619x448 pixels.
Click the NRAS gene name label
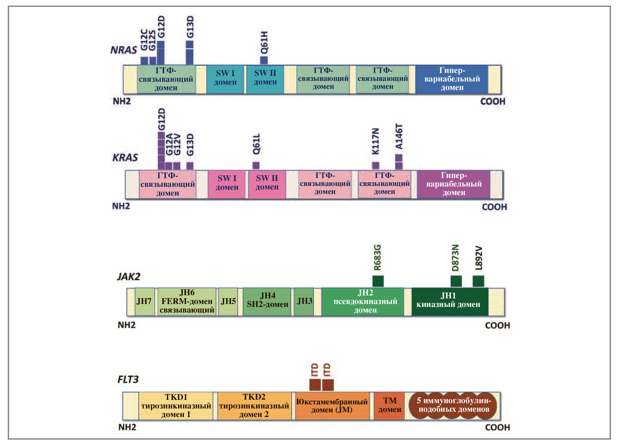(x=124, y=50)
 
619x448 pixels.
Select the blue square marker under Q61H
(x=264, y=60)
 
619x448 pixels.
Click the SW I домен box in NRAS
(x=225, y=79)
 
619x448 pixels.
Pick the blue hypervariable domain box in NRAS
(x=452, y=79)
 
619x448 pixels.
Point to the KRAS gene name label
(x=125, y=158)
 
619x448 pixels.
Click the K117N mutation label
(x=375, y=141)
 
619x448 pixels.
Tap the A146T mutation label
(x=399, y=137)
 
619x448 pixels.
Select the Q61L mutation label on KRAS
(x=256, y=144)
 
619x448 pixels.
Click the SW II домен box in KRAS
(x=267, y=184)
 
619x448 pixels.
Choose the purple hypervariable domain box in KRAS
(x=454, y=184)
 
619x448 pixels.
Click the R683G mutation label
(x=378, y=257)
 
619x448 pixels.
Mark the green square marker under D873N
(x=456, y=281)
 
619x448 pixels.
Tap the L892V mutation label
(x=479, y=258)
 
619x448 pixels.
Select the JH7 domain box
(x=144, y=302)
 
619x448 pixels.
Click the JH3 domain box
(x=304, y=302)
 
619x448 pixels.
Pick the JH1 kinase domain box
(x=448, y=302)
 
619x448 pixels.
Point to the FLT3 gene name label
(x=128, y=379)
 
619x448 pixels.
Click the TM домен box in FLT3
(x=389, y=406)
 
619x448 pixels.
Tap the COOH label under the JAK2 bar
(x=497, y=326)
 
